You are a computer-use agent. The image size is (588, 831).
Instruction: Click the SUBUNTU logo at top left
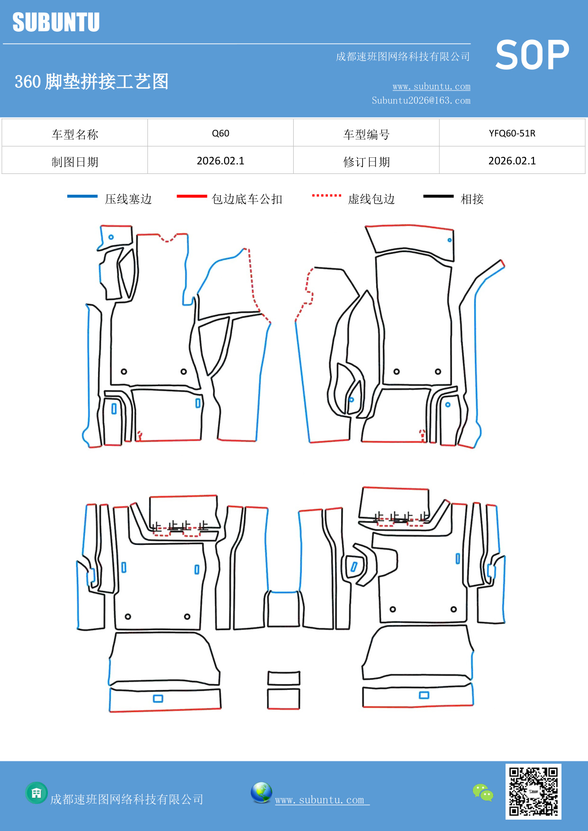[x=56, y=22]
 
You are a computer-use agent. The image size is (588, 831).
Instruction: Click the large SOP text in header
[x=532, y=55]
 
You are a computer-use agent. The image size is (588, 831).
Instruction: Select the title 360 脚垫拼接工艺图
[x=91, y=81]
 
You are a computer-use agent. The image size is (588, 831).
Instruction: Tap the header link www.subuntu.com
[x=431, y=86]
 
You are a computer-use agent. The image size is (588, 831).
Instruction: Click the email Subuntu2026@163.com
[x=421, y=100]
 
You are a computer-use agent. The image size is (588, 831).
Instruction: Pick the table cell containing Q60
[x=220, y=133]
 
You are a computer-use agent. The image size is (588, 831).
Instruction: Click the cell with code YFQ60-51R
[x=512, y=133]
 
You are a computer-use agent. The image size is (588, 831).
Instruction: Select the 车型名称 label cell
[x=75, y=134]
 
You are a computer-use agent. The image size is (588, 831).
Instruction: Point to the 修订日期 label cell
[x=366, y=162]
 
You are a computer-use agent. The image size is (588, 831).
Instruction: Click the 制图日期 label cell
[x=75, y=162]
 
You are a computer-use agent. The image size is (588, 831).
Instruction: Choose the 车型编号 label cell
[x=366, y=134]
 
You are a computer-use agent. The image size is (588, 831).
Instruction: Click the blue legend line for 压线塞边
[x=82, y=196]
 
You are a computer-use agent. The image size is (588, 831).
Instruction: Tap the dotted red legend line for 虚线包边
[x=326, y=195]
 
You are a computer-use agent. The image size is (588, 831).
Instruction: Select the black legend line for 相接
[x=438, y=196]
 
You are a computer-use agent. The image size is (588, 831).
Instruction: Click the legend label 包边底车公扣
[x=247, y=199]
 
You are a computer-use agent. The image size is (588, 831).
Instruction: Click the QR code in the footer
[x=533, y=792]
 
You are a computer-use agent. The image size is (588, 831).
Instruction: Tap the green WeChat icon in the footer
[x=483, y=793]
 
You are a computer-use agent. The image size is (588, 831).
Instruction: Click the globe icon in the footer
[x=261, y=793]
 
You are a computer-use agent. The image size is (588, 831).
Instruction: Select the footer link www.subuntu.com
[x=320, y=800]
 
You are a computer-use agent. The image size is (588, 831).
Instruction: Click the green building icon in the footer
[x=36, y=793]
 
